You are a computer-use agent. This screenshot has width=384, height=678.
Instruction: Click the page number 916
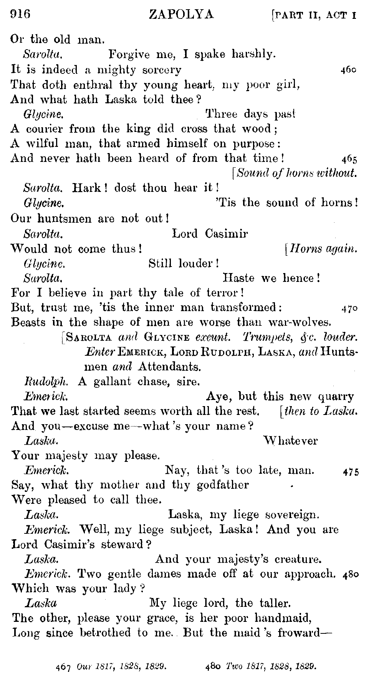pos(20,14)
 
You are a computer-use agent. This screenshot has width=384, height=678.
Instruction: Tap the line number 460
pos(348,70)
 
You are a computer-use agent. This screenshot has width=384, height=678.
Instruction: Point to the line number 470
pos(349,308)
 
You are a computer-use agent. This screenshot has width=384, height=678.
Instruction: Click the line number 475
pos(350,471)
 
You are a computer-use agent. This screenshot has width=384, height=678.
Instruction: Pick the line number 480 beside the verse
pos(350,575)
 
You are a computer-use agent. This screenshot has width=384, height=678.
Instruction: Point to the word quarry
pos(336,396)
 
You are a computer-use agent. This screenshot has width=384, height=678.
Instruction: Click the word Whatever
pos(291,441)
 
